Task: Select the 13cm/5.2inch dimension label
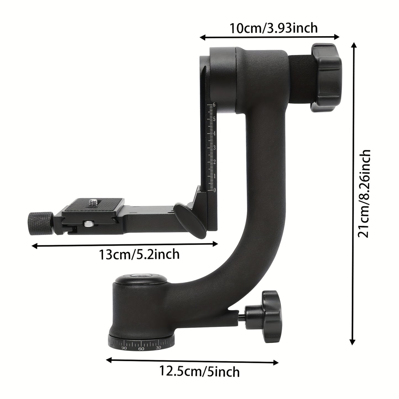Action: pyautogui.click(x=139, y=254)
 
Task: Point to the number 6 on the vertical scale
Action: pyautogui.click(x=214, y=105)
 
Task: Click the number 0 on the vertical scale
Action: pyautogui.click(x=215, y=190)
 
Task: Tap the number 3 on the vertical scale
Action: pyautogui.click(x=214, y=148)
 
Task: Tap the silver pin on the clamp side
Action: pyautogui.click(x=89, y=223)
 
